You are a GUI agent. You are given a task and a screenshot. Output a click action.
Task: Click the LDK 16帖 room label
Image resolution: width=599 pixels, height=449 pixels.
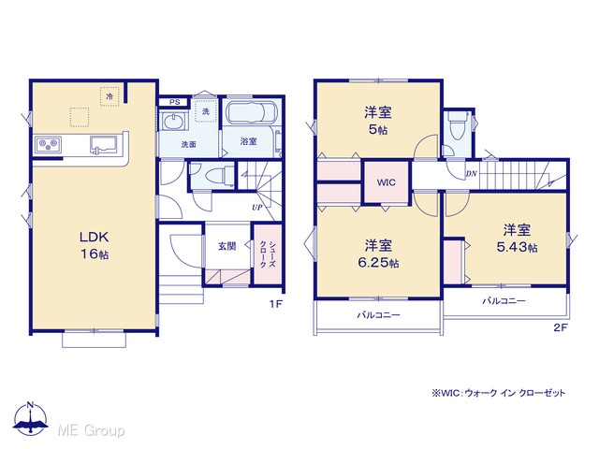pos(94,245)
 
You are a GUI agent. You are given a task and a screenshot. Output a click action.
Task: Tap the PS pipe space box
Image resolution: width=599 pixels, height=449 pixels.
pos(174,102)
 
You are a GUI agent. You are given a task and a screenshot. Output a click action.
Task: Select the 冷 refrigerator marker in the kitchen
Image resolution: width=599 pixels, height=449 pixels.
pos(110,96)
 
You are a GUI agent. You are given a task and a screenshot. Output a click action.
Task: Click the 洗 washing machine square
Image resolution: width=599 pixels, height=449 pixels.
pos(206,111)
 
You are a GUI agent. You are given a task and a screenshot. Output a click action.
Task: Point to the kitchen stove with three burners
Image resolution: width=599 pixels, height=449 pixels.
pos(48,144)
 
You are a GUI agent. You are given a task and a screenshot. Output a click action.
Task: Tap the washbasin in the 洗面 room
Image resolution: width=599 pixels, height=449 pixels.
pos(175,123)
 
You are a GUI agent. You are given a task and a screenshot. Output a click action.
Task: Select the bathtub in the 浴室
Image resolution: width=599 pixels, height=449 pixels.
pos(252,112)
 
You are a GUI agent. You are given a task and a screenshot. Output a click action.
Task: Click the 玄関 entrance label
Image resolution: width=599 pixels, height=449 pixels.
pos(226,246)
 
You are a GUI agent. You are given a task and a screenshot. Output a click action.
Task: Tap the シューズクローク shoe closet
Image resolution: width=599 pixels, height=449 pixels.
pos(268,254)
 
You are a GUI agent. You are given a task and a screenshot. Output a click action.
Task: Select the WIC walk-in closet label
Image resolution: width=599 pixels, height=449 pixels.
pos(387,182)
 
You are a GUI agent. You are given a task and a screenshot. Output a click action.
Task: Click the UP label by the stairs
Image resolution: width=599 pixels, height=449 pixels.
pos(257,208)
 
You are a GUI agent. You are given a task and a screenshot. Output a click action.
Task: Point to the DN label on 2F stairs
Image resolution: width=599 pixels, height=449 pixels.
pos(472,174)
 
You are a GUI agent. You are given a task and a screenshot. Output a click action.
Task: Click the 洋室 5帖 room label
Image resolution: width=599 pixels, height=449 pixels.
pos(378,121)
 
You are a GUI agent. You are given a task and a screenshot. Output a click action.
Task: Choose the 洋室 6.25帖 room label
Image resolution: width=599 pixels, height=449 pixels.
pos(378,253)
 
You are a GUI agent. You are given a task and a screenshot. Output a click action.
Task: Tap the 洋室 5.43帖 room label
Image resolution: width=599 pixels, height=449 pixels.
pos(517,239)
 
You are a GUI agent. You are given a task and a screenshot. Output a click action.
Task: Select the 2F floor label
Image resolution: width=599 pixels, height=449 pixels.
pos(561,327)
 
